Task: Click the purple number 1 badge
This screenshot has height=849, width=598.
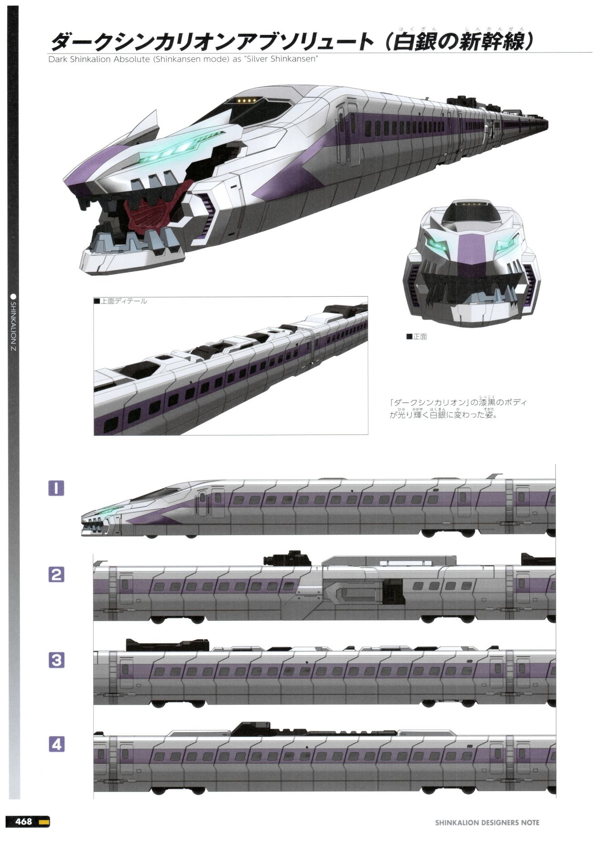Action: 56,488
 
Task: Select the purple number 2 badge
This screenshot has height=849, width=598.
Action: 56,574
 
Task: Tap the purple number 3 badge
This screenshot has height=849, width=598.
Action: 56,660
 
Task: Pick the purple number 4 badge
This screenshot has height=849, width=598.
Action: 56,744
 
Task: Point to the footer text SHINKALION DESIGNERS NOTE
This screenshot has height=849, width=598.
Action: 487,822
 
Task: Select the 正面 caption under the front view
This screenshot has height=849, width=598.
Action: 420,337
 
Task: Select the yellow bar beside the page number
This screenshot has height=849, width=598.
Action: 44,821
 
